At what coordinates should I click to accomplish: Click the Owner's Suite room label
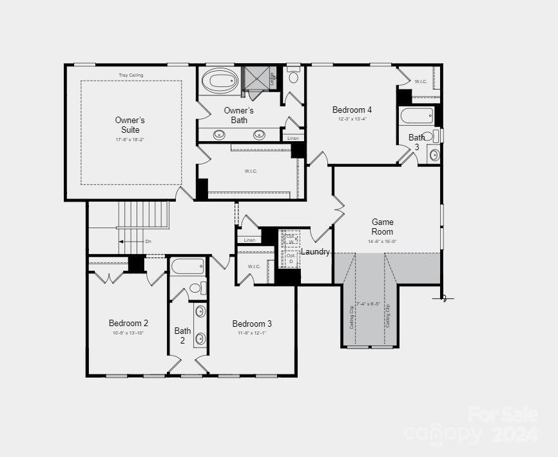pyautogui.click(x=130, y=125)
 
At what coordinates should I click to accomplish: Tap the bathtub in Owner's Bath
pyautogui.click(x=220, y=82)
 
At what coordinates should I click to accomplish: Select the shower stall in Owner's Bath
pyautogui.click(x=256, y=80)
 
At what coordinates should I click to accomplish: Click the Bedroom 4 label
pyautogui.click(x=352, y=110)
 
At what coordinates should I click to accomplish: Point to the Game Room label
pyautogui.click(x=382, y=227)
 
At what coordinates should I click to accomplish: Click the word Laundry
pyautogui.click(x=316, y=251)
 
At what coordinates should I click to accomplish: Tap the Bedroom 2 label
pyautogui.click(x=128, y=323)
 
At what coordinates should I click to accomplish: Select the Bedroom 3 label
pyautogui.click(x=252, y=324)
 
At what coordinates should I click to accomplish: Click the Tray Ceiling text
pyautogui.click(x=131, y=75)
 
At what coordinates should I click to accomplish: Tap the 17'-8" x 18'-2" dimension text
pyautogui.click(x=130, y=139)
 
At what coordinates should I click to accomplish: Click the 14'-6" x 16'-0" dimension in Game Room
pyautogui.click(x=382, y=241)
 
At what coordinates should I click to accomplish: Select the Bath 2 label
pyautogui.click(x=182, y=335)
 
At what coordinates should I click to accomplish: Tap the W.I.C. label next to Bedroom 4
pyautogui.click(x=421, y=82)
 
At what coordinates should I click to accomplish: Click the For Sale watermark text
pyautogui.click(x=503, y=413)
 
